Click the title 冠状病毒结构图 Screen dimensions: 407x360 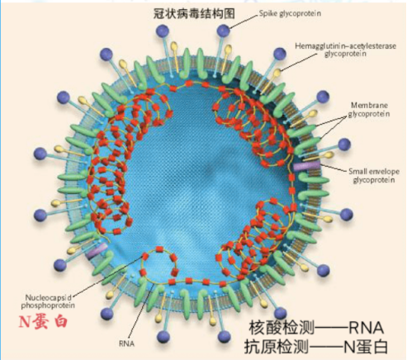[x=194, y=13]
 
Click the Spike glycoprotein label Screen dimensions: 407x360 [x=290, y=13]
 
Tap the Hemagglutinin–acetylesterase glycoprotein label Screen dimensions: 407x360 [x=345, y=50]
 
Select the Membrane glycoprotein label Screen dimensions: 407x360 [x=369, y=110]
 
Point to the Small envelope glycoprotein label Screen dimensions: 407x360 [x=374, y=176]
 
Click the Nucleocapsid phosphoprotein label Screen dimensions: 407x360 [x=48, y=301]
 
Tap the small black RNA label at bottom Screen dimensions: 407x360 [x=126, y=343]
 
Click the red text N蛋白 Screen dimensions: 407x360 [x=43, y=321]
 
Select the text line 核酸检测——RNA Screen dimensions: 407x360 [x=316, y=328]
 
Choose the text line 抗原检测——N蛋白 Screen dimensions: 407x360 [x=316, y=347]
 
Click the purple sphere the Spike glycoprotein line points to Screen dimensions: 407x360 [x=223, y=31]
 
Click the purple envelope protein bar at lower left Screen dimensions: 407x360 [x=97, y=251]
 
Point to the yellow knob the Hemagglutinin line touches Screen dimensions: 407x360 [x=277, y=73]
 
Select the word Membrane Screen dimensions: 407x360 [x=369, y=106]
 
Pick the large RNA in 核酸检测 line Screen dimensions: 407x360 [x=366, y=328]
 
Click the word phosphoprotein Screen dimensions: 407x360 [x=48, y=306]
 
